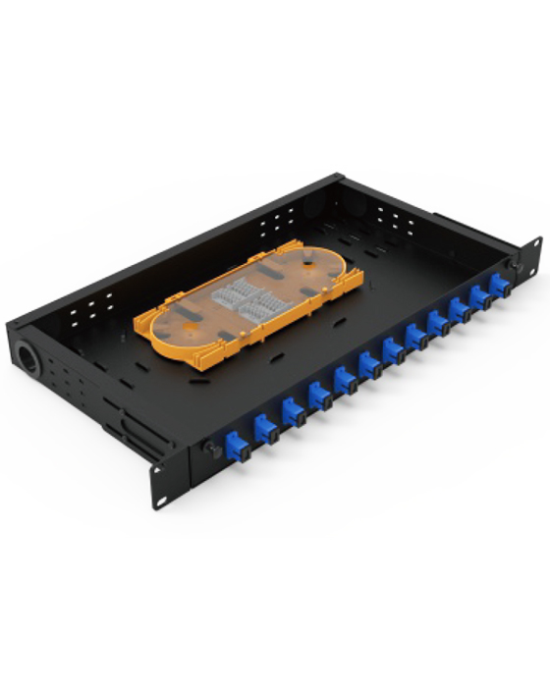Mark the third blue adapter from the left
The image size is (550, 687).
tap(294, 411)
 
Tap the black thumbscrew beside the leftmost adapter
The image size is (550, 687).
tap(209, 447)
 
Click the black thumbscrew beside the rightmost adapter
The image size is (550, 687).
tap(513, 266)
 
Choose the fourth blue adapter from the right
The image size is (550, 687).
tap(437, 322)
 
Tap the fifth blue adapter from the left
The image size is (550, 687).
tap(345, 380)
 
